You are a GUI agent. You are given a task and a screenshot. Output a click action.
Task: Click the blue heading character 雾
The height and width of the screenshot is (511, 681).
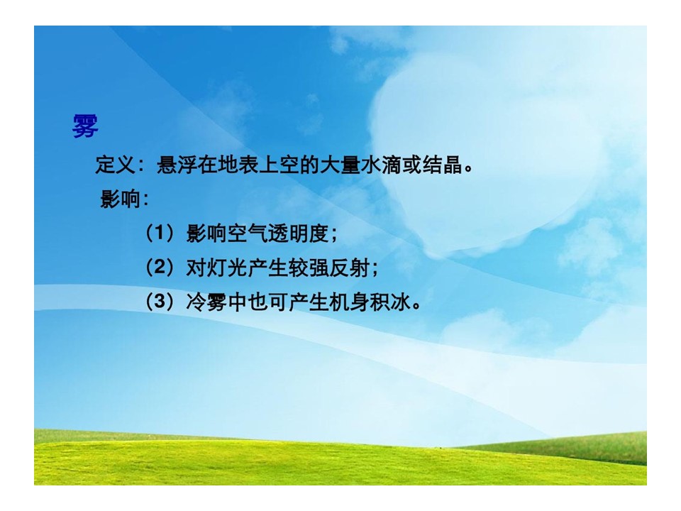click(x=85, y=127)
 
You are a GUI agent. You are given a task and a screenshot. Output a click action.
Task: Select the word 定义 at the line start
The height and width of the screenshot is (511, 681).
click(x=116, y=165)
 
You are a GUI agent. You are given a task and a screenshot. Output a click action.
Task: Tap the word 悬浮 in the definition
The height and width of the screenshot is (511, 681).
click(x=177, y=165)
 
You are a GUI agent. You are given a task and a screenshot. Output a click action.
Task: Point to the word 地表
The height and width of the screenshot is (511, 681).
click(x=238, y=165)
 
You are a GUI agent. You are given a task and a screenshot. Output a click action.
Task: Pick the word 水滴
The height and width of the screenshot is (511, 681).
click(x=381, y=165)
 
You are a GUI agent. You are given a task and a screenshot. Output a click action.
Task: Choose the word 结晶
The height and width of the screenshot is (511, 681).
click(x=442, y=165)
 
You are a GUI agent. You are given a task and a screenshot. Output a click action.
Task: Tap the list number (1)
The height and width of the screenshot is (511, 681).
click(x=160, y=233)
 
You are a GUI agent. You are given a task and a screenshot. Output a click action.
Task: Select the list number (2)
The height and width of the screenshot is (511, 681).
click(x=160, y=268)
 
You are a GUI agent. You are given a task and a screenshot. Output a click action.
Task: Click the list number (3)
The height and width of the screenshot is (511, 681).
click(x=160, y=302)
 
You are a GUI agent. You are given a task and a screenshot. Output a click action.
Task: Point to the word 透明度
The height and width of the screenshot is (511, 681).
click(x=299, y=233)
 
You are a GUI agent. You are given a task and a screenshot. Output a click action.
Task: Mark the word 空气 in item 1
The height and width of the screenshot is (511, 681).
click(x=248, y=233)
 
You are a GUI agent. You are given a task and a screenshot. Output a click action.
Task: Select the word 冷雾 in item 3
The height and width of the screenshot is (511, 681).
click(x=206, y=302)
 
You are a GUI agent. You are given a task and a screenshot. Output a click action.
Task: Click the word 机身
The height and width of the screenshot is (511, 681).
click(x=350, y=302)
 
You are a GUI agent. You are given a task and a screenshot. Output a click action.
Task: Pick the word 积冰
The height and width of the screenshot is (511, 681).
click(x=390, y=302)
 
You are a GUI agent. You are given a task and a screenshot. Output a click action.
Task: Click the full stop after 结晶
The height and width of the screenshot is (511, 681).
click(x=468, y=170)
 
